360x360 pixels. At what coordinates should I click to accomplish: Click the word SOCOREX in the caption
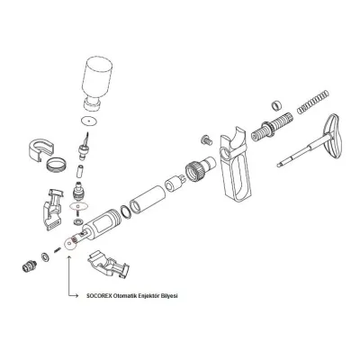click(x=97, y=296)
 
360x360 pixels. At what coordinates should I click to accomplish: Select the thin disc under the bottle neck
click(x=90, y=121)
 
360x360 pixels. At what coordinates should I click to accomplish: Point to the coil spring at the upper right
click(x=313, y=102)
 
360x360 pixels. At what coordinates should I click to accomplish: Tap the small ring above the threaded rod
click(x=276, y=105)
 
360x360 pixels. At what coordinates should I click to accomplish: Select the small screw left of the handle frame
click(x=206, y=139)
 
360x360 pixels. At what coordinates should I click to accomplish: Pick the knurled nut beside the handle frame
click(x=197, y=169)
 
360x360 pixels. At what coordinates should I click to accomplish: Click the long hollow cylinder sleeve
click(x=148, y=199)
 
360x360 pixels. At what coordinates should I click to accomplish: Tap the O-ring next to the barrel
click(x=126, y=212)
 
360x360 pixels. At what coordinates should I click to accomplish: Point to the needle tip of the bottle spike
click(x=87, y=134)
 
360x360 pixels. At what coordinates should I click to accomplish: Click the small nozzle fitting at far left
click(x=30, y=265)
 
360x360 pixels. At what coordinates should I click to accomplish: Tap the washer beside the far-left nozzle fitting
click(x=46, y=257)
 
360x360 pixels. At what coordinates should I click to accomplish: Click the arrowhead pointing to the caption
click(x=77, y=296)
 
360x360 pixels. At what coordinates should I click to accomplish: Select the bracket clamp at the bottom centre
click(x=108, y=264)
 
